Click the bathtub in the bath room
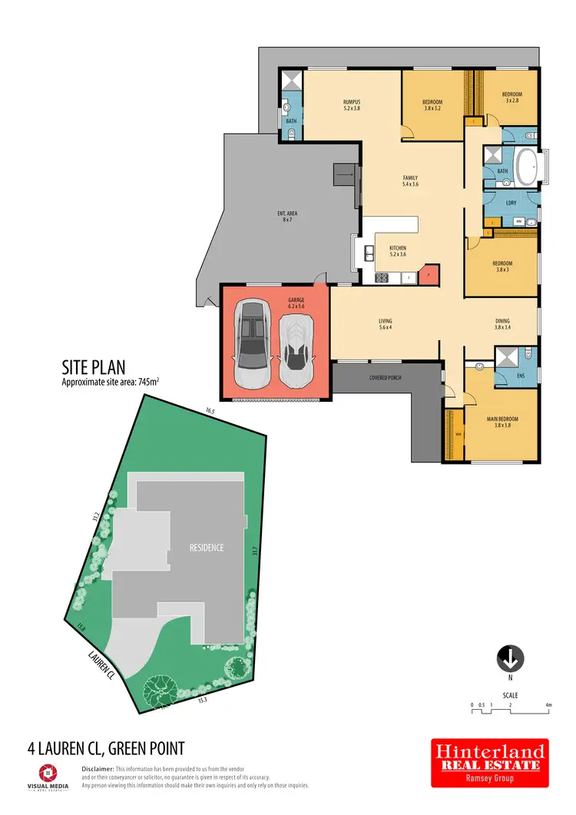coord(526,168)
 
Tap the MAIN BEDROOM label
coord(502,419)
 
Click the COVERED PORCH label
coord(386,378)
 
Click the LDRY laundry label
coord(511,203)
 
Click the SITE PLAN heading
coord(93,368)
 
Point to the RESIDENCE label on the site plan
coord(207,548)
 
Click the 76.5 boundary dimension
coord(210,412)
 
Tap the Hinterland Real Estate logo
coord(488,763)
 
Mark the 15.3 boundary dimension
coord(203,700)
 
